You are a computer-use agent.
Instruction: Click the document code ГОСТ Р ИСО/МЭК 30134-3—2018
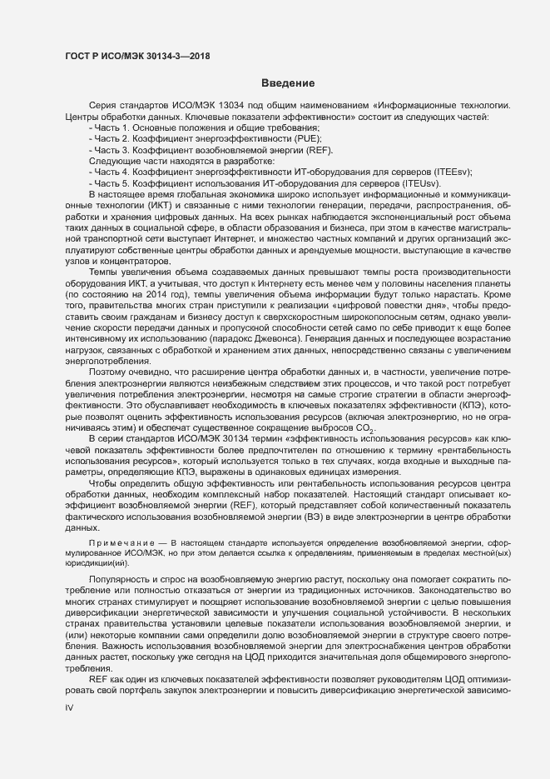coord(137,56)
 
